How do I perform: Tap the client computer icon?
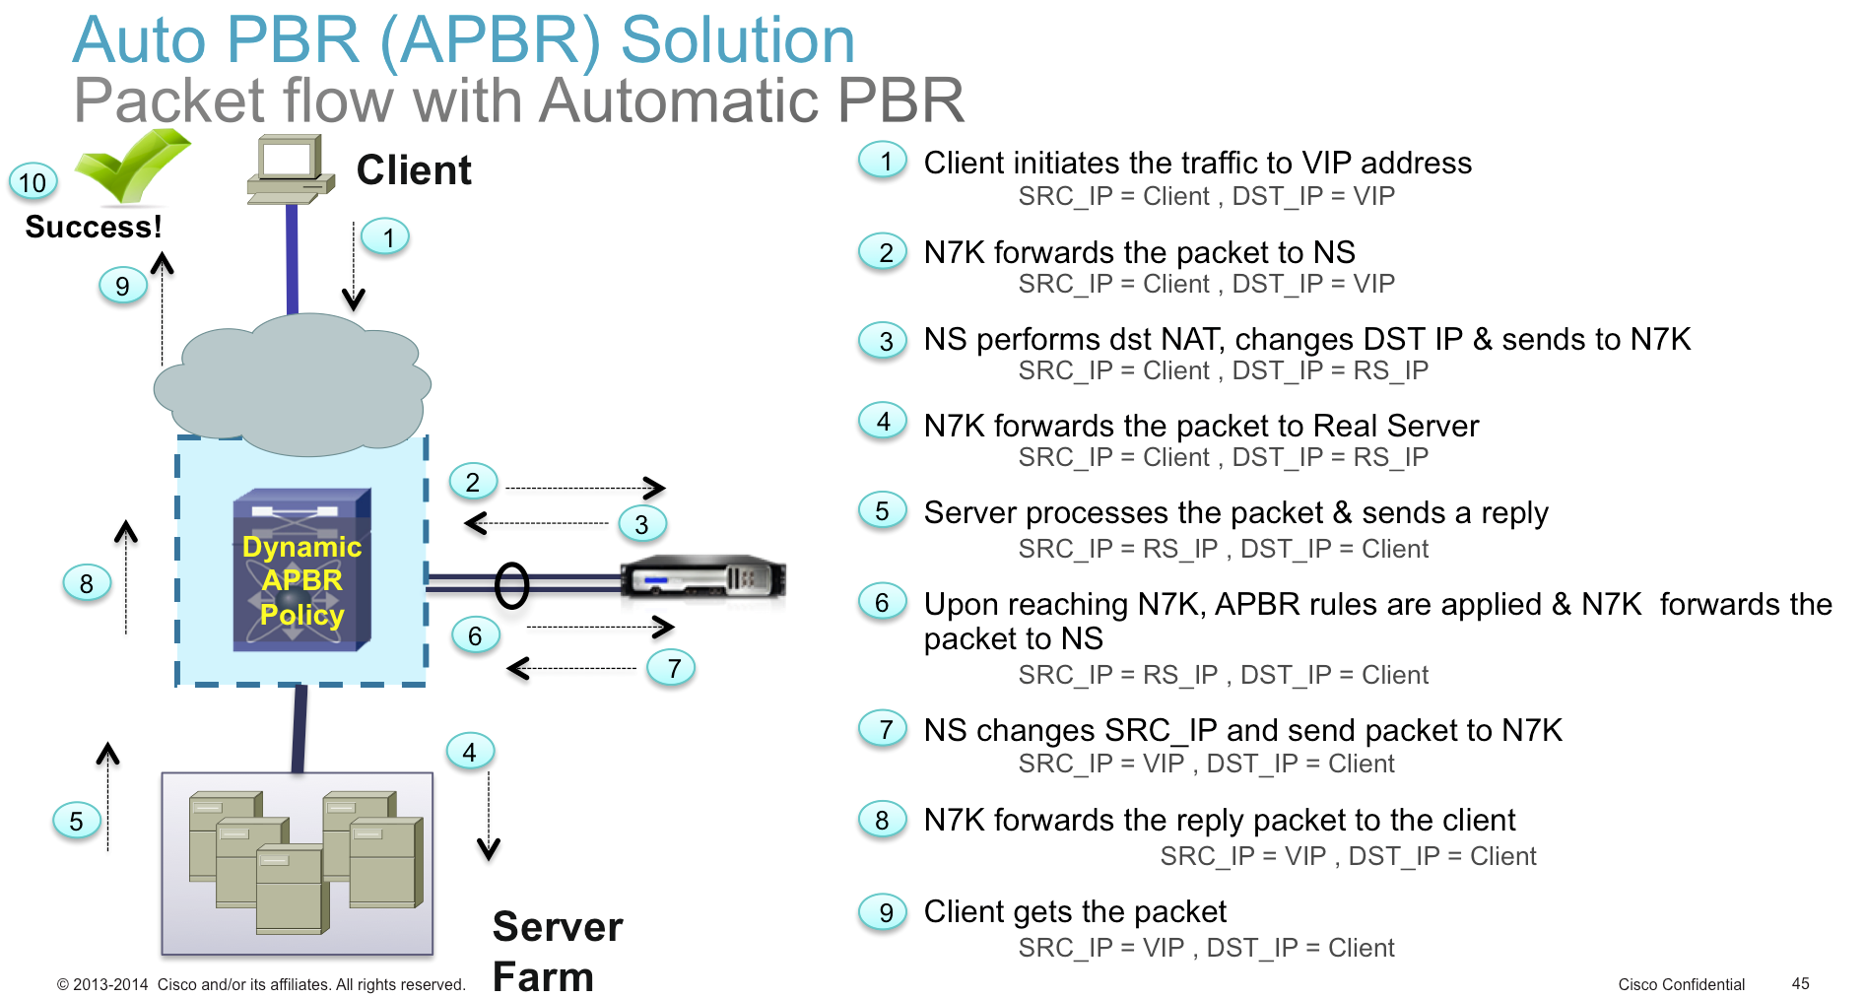pyautogui.click(x=290, y=169)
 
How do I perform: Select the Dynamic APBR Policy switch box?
pyautogui.click(x=301, y=569)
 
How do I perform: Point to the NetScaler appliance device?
pyautogui.click(x=703, y=577)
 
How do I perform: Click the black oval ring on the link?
pyautogui.click(x=511, y=585)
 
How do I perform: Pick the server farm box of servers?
pyautogui.click(x=298, y=863)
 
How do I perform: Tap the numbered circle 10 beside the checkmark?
pyautogui.click(x=33, y=182)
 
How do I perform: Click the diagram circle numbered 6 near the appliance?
pyautogui.click(x=475, y=635)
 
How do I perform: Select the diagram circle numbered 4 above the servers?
pyautogui.click(x=470, y=752)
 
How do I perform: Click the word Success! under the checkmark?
pyautogui.click(x=94, y=227)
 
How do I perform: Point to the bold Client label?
pyautogui.click(x=414, y=170)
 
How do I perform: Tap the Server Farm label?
pyautogui.click(x=558, y=951)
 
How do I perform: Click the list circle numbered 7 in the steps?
pyautogui.click(x=883, y=729)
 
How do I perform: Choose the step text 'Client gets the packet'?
pyautogui.click(x=1075, y=911)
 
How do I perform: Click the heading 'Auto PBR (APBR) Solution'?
pyautogui.click(x=463, y=40)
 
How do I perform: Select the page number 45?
pyautogui.click(x=1800, y=983)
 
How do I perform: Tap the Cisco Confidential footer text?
pyautogui.click(x=1681, y=984)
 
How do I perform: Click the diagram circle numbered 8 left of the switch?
pyautogui.click(x=87, y=583)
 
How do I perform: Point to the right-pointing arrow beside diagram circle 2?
pyautogui.click(x=585, y=488)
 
